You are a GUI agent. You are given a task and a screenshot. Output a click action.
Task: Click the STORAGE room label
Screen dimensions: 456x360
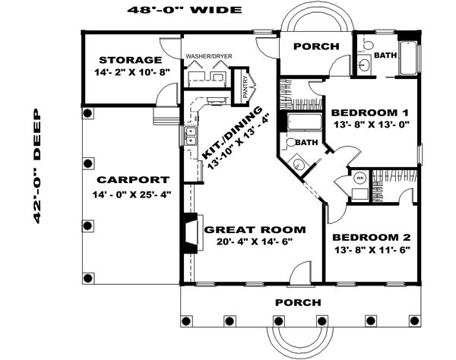(x=130, y=60)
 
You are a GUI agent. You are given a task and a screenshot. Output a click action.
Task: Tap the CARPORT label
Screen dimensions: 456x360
(x=133, y=180)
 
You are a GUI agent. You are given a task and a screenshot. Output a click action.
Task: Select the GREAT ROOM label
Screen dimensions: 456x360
(x=255, y=230)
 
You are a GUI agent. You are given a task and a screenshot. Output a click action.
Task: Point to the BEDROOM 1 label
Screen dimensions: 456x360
(x=370, y=112)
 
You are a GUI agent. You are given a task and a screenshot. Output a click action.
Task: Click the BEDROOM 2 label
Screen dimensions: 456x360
(x=372, y=238)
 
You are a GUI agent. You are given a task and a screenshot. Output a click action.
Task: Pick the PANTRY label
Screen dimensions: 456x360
(x=245, y=87)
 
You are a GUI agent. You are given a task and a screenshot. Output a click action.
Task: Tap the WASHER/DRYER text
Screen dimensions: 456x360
(x=209, y=56)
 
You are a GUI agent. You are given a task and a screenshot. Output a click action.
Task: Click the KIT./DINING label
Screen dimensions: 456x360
(x=232, y=133)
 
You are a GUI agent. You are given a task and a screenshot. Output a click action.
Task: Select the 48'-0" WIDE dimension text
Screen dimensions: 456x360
(x=185, y=10)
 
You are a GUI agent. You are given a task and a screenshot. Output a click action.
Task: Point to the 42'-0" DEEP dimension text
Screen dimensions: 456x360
(x=37, y=166)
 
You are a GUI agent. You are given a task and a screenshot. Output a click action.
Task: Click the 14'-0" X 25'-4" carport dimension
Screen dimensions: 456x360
(x=131, y=194)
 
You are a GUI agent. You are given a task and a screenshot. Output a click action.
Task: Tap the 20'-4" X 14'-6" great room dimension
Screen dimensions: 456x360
(x=254, y=242)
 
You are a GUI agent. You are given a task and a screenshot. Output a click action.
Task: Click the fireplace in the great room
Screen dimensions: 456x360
(x=192, y=232)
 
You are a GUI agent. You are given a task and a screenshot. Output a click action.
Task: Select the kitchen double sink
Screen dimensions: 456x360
(x=191, y=135)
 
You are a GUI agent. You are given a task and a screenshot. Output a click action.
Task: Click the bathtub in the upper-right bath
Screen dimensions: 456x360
(x=408, y=58)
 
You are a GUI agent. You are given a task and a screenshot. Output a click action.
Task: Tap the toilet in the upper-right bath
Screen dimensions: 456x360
(x=367, y=45)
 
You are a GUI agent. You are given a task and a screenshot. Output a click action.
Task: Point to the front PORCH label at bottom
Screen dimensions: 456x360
(x=298, y=303)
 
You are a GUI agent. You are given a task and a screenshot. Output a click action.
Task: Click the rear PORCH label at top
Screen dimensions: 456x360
(x=316, y=46)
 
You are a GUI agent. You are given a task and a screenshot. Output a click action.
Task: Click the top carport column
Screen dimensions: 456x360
(x=88, y=113)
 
